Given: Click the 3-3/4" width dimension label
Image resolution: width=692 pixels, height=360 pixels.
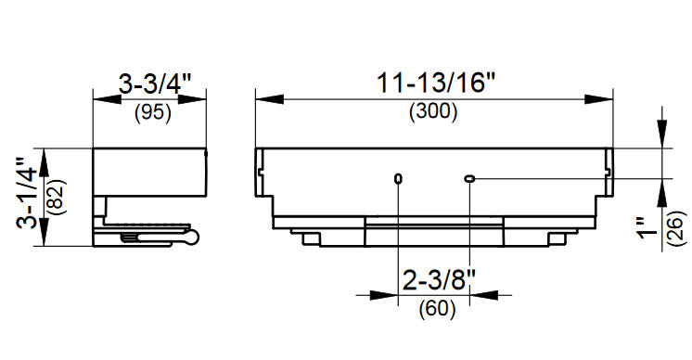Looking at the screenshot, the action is tap(155, 84).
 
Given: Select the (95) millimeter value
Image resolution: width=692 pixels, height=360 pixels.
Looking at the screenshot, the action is tap(153, 113).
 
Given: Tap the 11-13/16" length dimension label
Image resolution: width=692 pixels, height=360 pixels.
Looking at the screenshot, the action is tap(436, 83).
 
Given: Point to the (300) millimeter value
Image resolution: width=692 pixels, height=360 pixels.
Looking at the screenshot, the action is tap(433, 111).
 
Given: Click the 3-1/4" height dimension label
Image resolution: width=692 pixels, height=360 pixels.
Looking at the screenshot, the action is tap(27, 193).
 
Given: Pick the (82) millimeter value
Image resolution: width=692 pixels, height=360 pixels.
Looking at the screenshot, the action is tap(57, 197).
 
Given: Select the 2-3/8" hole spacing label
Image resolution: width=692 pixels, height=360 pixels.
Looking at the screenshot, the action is tap(440, 279).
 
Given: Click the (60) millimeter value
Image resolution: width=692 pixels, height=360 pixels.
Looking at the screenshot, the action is tap(437, 308).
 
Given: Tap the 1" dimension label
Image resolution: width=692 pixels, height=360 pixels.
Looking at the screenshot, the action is tap(647, 227).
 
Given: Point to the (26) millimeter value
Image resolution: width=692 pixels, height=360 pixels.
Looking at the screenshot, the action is tap(677, 228).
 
